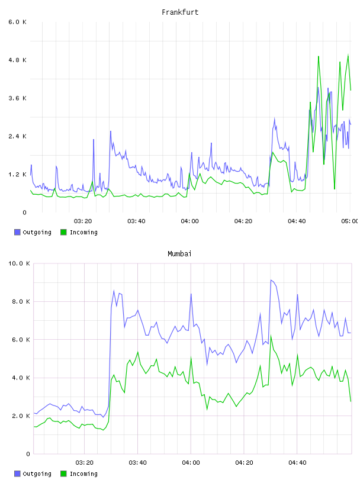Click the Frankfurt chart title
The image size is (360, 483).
click(180, 12)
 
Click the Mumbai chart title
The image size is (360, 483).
click(179, 254)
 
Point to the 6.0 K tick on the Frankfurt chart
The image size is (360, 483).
click(18, 22)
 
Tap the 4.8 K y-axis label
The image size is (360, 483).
click(18, 60)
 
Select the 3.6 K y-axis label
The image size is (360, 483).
click(18, 98)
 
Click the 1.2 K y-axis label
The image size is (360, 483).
click(18, 175)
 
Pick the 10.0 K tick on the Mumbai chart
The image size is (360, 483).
click(19, 263)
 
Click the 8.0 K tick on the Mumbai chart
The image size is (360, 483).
click(21, 301)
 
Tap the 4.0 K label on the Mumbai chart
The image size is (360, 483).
click(21, 378)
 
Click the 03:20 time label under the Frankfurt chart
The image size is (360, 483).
click(83, 221)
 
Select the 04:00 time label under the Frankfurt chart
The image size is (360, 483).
click(190, 221)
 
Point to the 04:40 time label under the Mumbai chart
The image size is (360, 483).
click(297, 463)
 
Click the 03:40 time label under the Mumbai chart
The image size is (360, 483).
click(137, 463)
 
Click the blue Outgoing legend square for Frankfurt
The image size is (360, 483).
click(17, 232)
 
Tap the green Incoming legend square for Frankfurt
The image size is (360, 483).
click(63, 232)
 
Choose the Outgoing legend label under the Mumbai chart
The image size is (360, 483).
click(37, 474)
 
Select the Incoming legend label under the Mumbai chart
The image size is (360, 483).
click(83, 474)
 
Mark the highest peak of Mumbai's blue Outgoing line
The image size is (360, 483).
click(271, 280)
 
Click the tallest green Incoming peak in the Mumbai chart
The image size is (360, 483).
click(271, 336)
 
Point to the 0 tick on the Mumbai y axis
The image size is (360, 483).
click(28, 454)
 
